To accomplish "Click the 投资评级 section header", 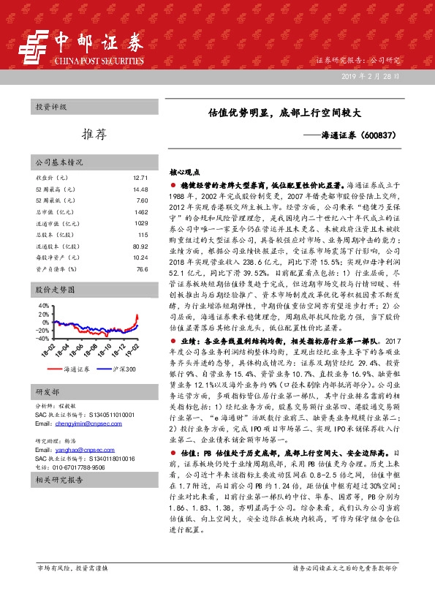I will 51,107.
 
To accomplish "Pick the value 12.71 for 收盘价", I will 141,178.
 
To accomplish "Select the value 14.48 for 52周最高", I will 141,190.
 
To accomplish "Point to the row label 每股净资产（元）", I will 58,259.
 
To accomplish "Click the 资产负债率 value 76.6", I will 142,271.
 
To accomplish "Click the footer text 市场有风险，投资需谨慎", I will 72,568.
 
